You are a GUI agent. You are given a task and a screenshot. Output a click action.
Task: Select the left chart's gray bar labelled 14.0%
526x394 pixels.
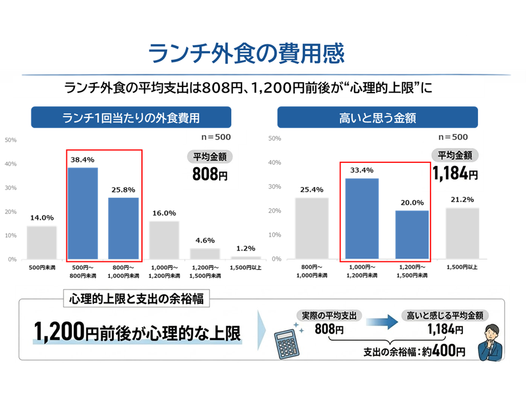click(42, 242)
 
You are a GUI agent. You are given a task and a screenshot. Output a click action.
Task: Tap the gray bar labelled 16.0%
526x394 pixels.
click(164, 240)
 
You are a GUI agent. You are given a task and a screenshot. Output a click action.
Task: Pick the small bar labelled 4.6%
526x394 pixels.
click(205, 253)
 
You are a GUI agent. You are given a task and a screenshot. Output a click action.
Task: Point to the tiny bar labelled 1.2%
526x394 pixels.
click(246, 257)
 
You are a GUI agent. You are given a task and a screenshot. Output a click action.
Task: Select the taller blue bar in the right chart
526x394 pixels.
click(362, 218)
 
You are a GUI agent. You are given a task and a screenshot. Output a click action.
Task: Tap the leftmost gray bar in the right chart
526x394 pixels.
click(311, 228)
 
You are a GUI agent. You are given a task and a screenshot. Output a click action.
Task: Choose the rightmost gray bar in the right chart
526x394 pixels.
click(462, 233)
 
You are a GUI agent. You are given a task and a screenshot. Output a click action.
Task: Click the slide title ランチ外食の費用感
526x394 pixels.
click(246, 53)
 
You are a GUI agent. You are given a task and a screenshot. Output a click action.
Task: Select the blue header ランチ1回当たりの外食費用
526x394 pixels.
click(131, 118)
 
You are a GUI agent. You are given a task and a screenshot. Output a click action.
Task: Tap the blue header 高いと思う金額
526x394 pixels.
click(377, 118)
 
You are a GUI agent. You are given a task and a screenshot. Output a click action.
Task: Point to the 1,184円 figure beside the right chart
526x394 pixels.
click(454, 173)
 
